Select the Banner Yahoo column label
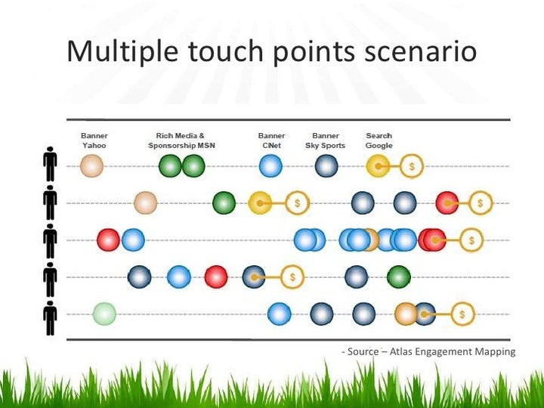coord(94,141)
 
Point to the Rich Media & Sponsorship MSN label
coord(181,141)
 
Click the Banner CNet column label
coord(271,141)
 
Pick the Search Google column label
coord(379,141)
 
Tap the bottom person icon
coord(51,317)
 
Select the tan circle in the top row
coord(91,165)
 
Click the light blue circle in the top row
coord(270,165)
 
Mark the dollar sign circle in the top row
coord(412,165)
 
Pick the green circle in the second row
coord(224,202)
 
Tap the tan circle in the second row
coord(145,202)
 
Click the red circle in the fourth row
coord(216,277)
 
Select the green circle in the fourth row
coord(399,277)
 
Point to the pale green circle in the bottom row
coord(104,313)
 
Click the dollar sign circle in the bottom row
coord(462,313)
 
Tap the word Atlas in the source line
coord(405,351)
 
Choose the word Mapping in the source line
coord(495,352)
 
